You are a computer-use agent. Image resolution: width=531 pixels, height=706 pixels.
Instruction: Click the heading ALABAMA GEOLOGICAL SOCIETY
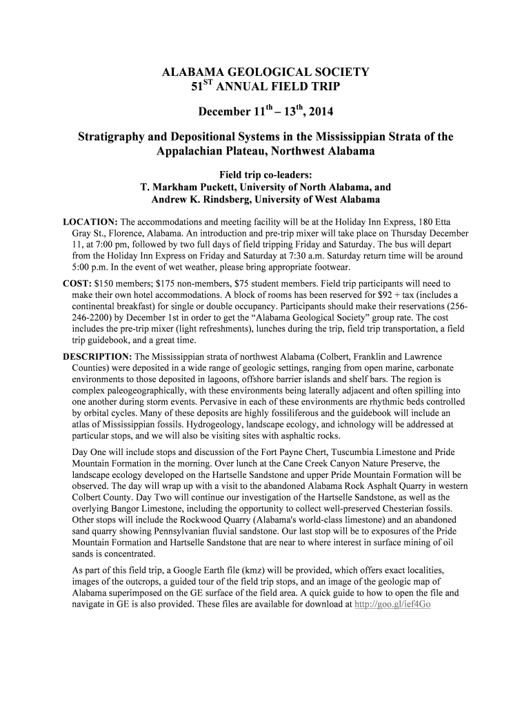coord(265,72)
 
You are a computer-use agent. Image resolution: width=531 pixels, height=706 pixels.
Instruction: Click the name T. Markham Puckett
coord(192,186)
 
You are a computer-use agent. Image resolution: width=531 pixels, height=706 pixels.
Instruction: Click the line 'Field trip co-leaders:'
coord(265,174)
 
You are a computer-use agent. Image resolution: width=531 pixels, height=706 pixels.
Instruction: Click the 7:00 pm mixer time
coord(105,244)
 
